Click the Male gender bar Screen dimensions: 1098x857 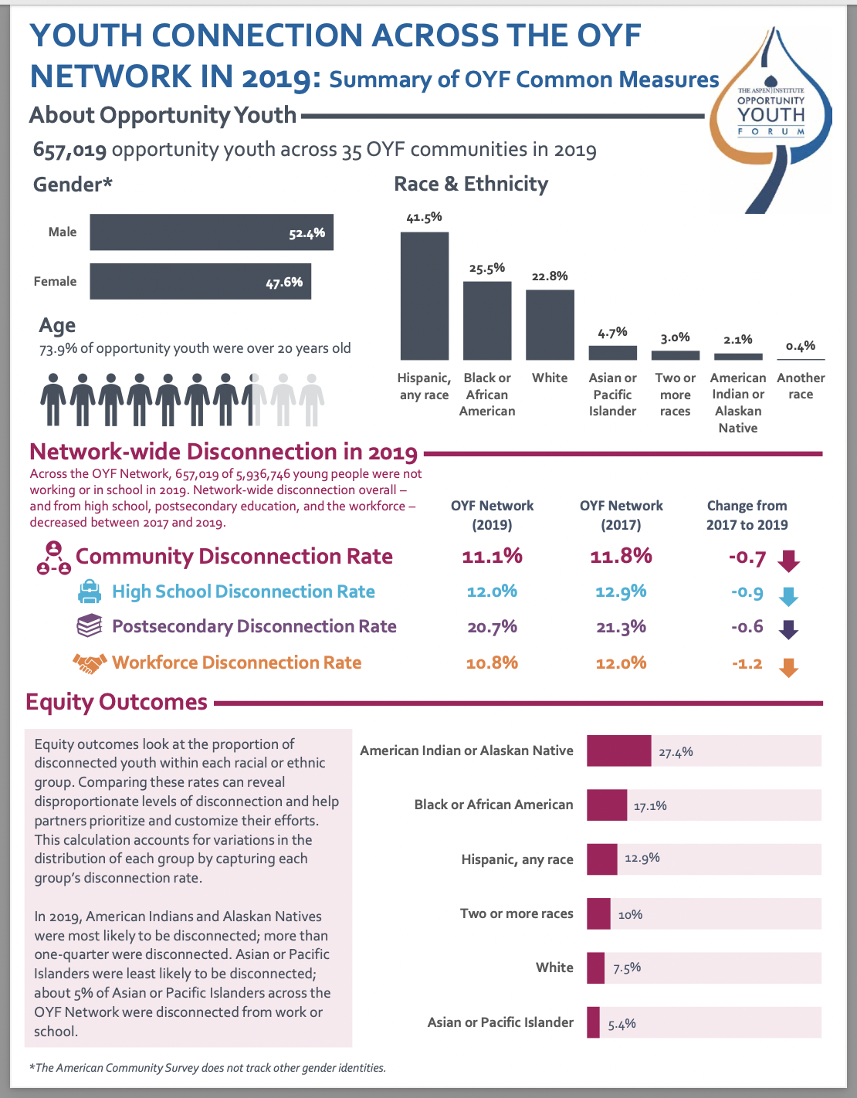click(x=211, y=232)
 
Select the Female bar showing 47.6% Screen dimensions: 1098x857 click(x=200, y=282)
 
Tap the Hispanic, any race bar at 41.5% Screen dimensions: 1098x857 click(x=424, y=296)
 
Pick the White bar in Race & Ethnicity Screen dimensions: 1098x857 click(x=550, y=325)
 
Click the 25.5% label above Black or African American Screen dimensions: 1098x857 click(x=486, y=269)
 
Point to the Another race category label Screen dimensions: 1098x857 click(x=801, y=386)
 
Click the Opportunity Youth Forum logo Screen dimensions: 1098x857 click(x=771, y=116)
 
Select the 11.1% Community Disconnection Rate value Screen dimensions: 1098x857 click(x=492, y=556)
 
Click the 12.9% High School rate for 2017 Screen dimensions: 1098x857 click(x=621, y=591)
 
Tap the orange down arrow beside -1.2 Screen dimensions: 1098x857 click(x=788, y=667)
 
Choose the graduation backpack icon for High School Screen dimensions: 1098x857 click(x=90, y=592)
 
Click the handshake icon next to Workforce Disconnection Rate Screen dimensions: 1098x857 click(x=89, y=663)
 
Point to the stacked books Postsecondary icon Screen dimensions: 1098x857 click(x=90, y=626)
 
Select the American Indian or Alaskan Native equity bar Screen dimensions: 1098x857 click(x=618, y=751)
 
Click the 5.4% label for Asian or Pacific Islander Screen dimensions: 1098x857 click(x=622, y=1025)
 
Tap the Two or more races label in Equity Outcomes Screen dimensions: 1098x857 click(x=517, y=913)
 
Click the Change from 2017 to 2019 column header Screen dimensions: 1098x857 click(x=747, y=515)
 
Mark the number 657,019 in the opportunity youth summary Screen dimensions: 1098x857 click(x=69, y=150)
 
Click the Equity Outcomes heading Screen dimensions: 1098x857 click(x=117, y=702)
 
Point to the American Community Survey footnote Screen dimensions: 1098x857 click(x=207, y=1068)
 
